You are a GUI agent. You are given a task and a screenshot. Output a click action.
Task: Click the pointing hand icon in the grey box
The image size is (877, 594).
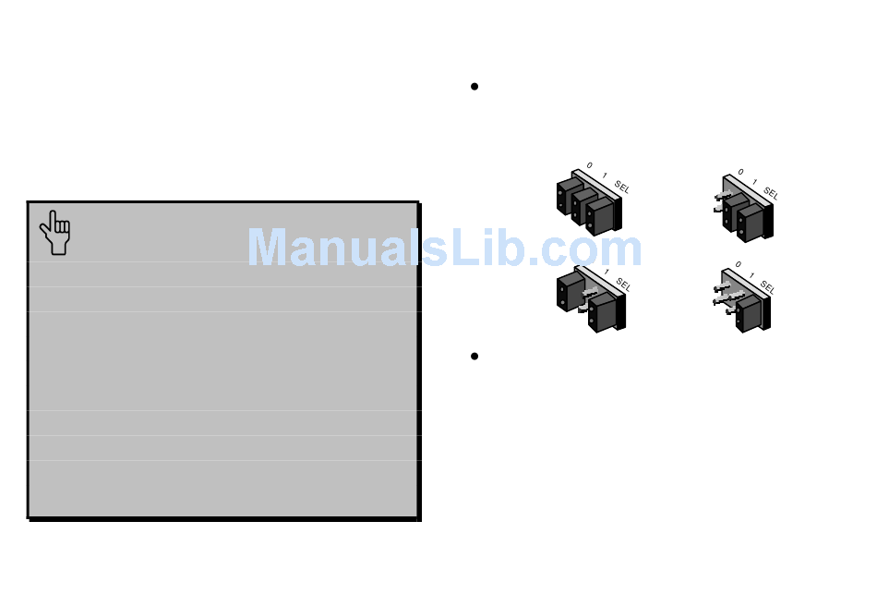pyautogui.click(x=55, y=232)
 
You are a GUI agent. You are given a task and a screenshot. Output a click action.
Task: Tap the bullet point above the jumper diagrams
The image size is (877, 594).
pyautogui.click(x=475, y=87)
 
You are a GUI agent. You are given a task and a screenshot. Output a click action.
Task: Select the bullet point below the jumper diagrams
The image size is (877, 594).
pyautogui.click(x=475, y=357)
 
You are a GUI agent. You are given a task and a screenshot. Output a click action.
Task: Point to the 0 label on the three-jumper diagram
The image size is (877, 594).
pyautogui.click(x=589, y=166)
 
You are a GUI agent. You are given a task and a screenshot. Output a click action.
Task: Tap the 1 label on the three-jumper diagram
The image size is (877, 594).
pyautogui.click(x=605, y=175)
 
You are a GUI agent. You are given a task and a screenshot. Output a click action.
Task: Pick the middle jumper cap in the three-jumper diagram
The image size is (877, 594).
pyautogui.click(x=583, y=206)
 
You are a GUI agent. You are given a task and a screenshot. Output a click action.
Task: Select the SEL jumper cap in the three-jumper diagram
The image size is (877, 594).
pyautogui.click(x=600, y=215)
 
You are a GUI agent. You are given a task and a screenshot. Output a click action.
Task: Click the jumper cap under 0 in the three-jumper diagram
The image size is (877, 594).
pyautogui.click(x=569, y=196)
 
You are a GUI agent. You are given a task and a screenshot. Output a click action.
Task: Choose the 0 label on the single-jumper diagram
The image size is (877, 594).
pyautogui.click(x=739, y=264)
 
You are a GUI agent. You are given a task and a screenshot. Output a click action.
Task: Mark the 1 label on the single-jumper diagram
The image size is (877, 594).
pyautogui.click(x=752, y=274)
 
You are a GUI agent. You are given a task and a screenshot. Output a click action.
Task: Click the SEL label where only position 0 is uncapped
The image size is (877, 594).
pyautogui.click(x=771, y=194)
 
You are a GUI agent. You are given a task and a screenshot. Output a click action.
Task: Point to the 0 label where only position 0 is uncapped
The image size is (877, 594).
pyautogui.click(x=739, y=172)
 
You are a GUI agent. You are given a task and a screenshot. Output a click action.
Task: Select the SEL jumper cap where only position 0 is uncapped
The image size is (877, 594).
pyautogui.click(x=751, y=223)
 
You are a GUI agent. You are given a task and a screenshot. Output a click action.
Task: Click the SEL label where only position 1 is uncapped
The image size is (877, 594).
pyautogui.click(x=623, y=285)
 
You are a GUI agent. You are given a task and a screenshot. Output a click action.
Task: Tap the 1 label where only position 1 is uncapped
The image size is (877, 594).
pyautogui.click(x=606, y=273)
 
